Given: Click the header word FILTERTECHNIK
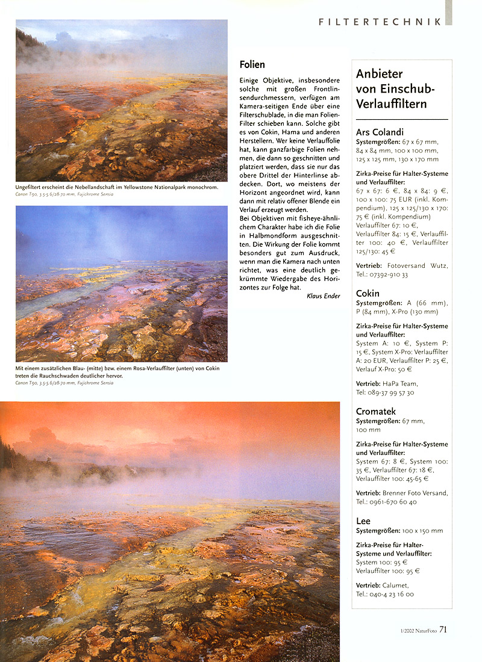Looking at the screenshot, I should tap(380, 22).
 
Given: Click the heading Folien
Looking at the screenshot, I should tap(252, 64).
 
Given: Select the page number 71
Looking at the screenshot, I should tap(443, 630).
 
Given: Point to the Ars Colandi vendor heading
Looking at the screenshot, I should tap(380, 132).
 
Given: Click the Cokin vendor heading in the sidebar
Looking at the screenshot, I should tap(368, 293).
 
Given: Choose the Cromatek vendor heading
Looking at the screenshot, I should tap(376, 412).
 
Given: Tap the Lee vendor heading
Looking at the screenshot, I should tap(363, 521).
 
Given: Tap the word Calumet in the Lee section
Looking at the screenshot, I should tap(396, 584).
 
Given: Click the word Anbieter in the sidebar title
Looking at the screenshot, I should tap(379, 74).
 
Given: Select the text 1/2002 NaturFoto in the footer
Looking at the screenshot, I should tap(416, 631).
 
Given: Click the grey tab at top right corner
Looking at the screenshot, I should tap(448, 12).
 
